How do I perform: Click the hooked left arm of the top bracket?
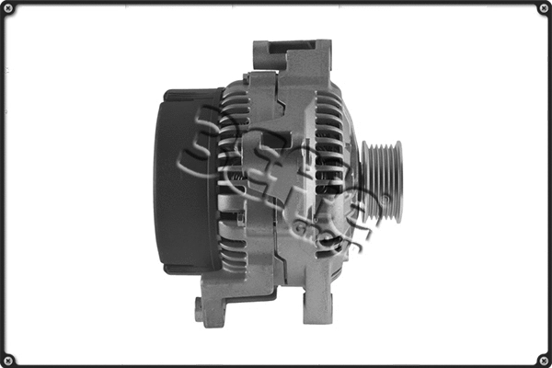coord(261,57)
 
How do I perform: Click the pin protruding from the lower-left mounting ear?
coord(199,310)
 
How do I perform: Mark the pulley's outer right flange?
coord(397,182)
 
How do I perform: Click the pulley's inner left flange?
coord(365,182)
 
